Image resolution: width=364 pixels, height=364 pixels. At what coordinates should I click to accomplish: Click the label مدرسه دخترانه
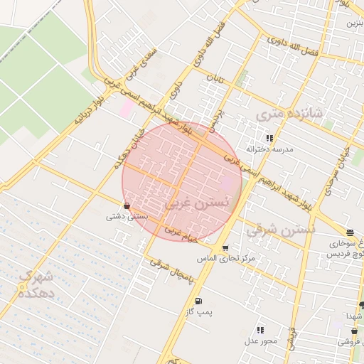(269, 150)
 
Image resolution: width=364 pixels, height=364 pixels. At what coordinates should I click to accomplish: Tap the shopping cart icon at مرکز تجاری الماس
(225, 248)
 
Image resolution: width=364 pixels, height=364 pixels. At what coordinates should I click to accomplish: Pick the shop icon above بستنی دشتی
(127, 205)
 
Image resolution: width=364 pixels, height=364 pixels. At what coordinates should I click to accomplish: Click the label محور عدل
(260, 341)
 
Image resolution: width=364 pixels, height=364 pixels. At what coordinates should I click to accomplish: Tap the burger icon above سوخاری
(350, 232)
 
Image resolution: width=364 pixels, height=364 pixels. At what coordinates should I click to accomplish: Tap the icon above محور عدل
(260, 330)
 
